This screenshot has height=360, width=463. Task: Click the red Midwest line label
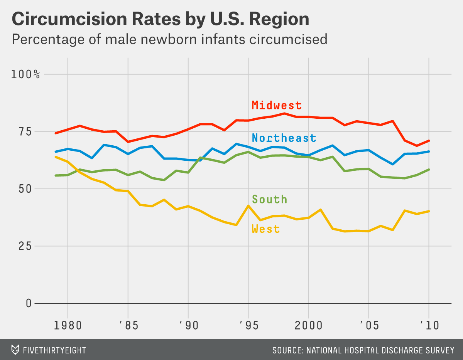277,105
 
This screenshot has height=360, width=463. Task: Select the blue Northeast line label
284,138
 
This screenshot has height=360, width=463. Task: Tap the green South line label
269,199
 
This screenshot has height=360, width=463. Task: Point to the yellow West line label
265,229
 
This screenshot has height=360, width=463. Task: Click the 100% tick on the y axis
25,74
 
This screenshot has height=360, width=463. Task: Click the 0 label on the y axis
29,303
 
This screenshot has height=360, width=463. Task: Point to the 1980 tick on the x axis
68,325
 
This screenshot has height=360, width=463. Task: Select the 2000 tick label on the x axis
308,325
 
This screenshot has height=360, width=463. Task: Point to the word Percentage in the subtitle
43,39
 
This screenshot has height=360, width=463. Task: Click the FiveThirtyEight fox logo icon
15,350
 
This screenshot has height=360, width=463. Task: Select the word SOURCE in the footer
287,350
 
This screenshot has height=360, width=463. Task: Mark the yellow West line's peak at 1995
248,205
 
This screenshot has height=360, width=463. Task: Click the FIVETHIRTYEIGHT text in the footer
54,350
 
